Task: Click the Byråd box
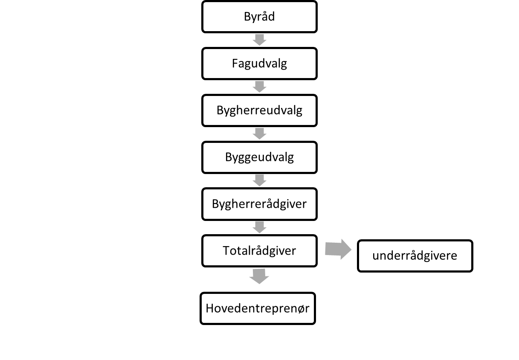(259, 17)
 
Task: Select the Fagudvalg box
(259, 64)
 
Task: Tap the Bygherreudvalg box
(259, 110)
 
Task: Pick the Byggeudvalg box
(259, 157)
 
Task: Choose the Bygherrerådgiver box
(259, 204)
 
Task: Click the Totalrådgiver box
(259, 251)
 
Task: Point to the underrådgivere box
(415, 255)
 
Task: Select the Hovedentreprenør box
(258, 308)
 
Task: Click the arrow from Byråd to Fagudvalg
(259, 40)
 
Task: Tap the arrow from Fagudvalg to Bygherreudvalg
(259, 87)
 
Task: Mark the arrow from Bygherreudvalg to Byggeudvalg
(259, 134)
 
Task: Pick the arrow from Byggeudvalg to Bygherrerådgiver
(259, 180)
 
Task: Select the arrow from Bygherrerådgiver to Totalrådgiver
(259, 227)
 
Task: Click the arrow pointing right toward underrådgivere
(338, 249)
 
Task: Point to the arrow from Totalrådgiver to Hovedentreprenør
(259, 276)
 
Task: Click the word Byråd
(259, 17)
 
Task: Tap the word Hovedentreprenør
(258, 308)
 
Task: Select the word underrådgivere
(415, 256)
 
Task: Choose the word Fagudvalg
(259, 64)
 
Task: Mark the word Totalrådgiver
(259, 251)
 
